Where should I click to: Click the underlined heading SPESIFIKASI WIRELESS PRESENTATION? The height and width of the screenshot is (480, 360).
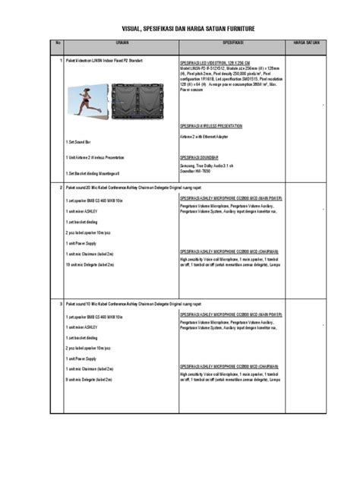point(212,124)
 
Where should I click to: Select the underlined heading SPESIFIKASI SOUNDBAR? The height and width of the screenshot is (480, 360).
point(200,154)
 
